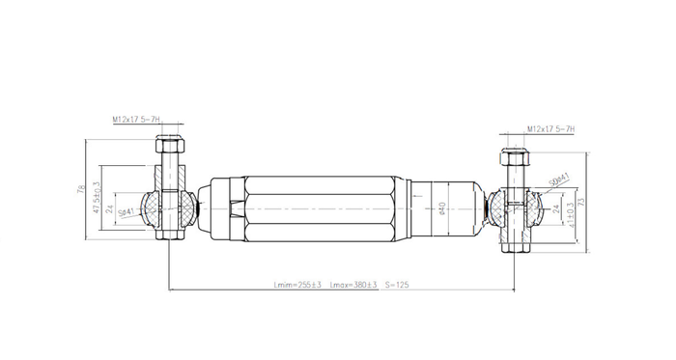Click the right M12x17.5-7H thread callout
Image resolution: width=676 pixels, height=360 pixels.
(551, 129)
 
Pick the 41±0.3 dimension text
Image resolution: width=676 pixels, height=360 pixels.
(573, 209)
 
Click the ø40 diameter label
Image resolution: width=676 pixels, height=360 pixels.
(441, 208)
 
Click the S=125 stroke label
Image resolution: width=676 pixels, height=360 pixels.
(400, 286)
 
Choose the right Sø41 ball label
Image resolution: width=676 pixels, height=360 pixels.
(558, 180)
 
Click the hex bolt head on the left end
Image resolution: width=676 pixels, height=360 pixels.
(171, 146)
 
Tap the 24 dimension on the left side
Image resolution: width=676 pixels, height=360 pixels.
(110, 208)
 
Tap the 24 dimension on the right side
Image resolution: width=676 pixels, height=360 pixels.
(556, 208)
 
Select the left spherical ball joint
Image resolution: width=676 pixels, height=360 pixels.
(154, 207)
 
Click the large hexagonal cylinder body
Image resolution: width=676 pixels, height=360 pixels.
(319, 208)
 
